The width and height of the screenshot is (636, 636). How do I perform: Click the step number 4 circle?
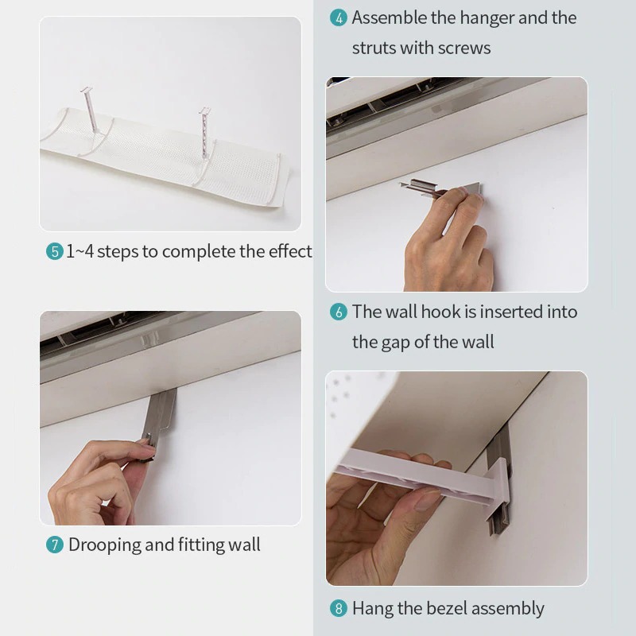[x=339, y=18]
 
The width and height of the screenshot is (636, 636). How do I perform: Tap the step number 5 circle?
[x=54, y=252]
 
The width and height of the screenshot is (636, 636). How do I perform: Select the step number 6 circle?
[x=339, y=312]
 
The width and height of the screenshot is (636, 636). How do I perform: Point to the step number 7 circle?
[x=54, y=545]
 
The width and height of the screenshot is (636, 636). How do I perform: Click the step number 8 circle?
[x=339, y=610]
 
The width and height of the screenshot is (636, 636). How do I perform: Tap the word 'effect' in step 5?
[x=289, y=251]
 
